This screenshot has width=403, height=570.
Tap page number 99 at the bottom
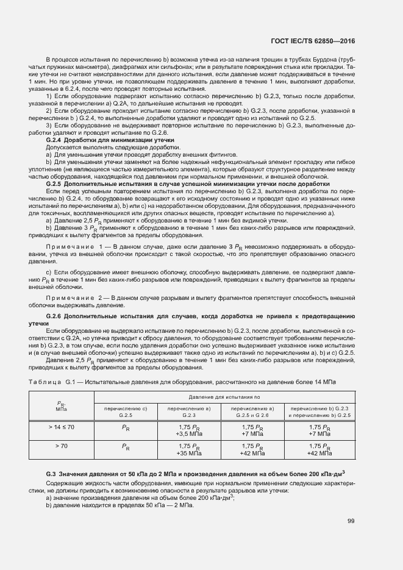coord(351,521)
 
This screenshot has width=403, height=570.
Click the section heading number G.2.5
coord(55,183)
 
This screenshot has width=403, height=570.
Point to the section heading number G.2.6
coord(55,317)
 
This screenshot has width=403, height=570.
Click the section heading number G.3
coord(51,474)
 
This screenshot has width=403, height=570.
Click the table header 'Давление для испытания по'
coord(224,397)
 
